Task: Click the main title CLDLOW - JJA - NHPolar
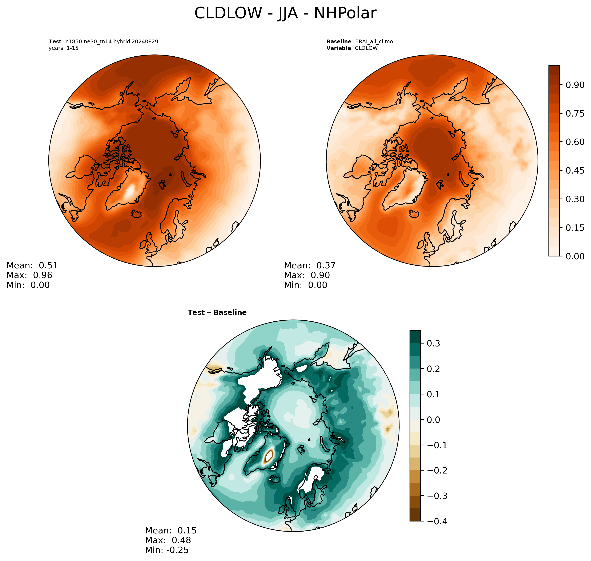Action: (285, 13)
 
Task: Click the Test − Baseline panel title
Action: (217, 313)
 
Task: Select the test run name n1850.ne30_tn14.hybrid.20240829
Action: (112, 42)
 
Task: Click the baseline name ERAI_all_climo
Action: (374, 42)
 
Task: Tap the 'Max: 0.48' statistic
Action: (168, 540)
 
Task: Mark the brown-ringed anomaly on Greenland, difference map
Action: (269, 456)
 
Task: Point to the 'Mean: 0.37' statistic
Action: (310, 265)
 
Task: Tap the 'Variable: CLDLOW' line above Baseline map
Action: (352, 48)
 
